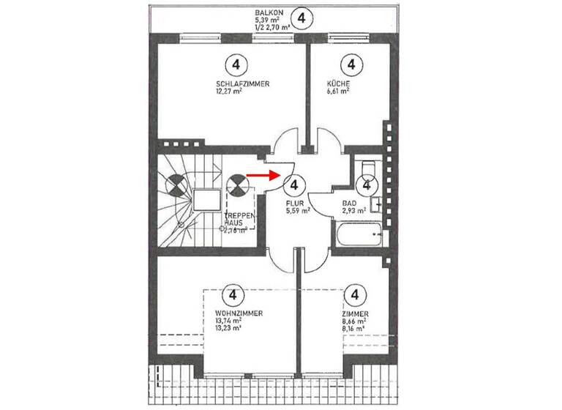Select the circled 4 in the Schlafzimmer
click(x=236, y=65)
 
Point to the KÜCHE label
click(x=338, y=84)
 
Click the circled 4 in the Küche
click(x=353, y=65)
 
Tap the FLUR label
click(x=294, y=201)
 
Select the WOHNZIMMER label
click(x=228, y=313)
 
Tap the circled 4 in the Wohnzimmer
click(x=233, y=295)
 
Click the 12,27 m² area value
click(x=228, y=92)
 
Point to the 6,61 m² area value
click(x=337, y=92)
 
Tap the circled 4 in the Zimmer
click(x=355, y=295)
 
